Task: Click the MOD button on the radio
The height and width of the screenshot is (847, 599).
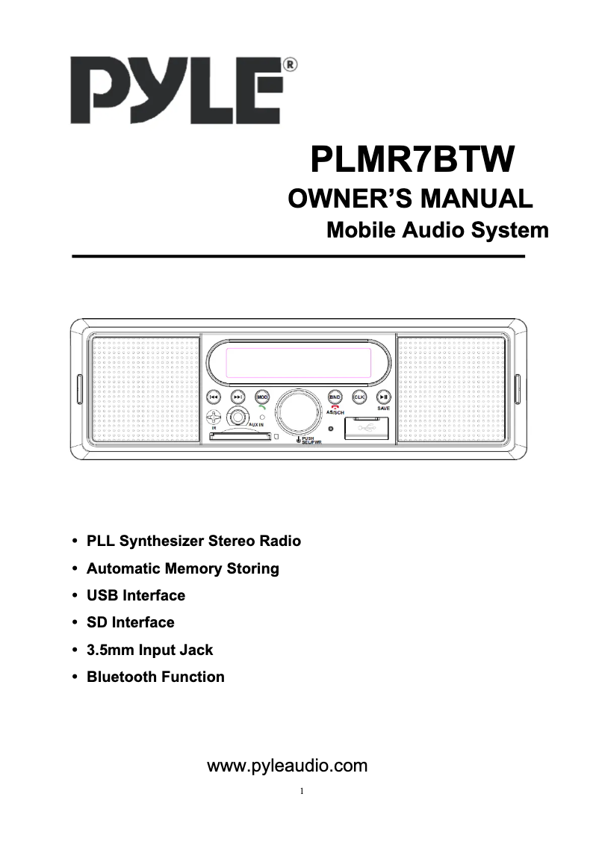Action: coord(262,397)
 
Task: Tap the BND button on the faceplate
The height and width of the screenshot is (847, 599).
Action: coord(335,397)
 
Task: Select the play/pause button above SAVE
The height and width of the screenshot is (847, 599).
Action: coord(382,397)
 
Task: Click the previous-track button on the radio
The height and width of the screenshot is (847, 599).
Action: coord(214,397)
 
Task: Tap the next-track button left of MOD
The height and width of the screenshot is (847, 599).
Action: coord(238,397)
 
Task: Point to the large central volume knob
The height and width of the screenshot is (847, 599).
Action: coord(298,414)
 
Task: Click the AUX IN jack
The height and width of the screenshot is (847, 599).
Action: coord(238,417)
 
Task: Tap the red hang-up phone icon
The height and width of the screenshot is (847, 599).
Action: coord(335,407)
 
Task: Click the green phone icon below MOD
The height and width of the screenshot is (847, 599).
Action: coord(261,408)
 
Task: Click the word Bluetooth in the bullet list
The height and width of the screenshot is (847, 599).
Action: coord(122,677)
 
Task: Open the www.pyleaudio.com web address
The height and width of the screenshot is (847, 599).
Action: coord(288,766)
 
